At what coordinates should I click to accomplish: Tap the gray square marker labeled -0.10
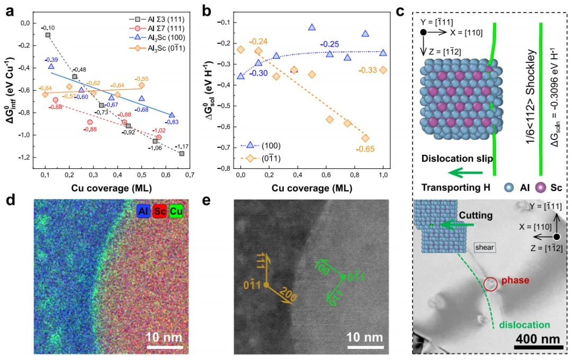point(48,35)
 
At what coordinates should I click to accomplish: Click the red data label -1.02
point(159,130)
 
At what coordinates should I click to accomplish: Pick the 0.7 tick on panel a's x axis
point(190,173)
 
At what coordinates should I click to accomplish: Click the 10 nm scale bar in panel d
point(164,337)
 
